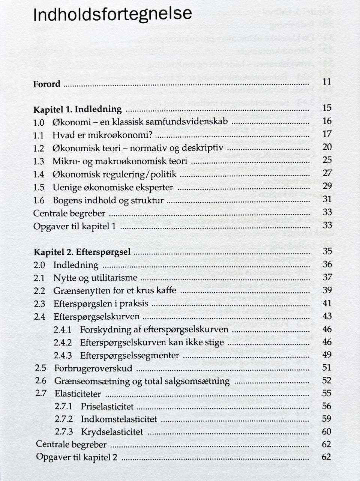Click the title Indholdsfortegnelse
tap(112, 14)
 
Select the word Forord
tap(47, 84)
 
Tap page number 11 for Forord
tap(327, 82)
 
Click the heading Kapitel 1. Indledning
tap(78, 110)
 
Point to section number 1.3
tap(39, 161)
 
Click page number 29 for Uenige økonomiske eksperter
tap(327, 186)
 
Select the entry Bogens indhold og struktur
tap(108, 200)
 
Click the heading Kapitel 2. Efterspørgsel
tap(82, 252)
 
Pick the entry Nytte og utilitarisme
tap(95, 278)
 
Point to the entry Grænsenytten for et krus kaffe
tap(115, 291)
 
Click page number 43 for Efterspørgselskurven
tap(327, 316)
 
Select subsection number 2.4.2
tap(63, 343)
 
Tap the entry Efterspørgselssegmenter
tap(130, 355)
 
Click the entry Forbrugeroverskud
tap(93, 368)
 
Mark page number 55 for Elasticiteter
tap(327, 393)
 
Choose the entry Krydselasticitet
tap(112, 432)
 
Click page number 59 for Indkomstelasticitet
tap(327, 418)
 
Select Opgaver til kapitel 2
tap(77, 457)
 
